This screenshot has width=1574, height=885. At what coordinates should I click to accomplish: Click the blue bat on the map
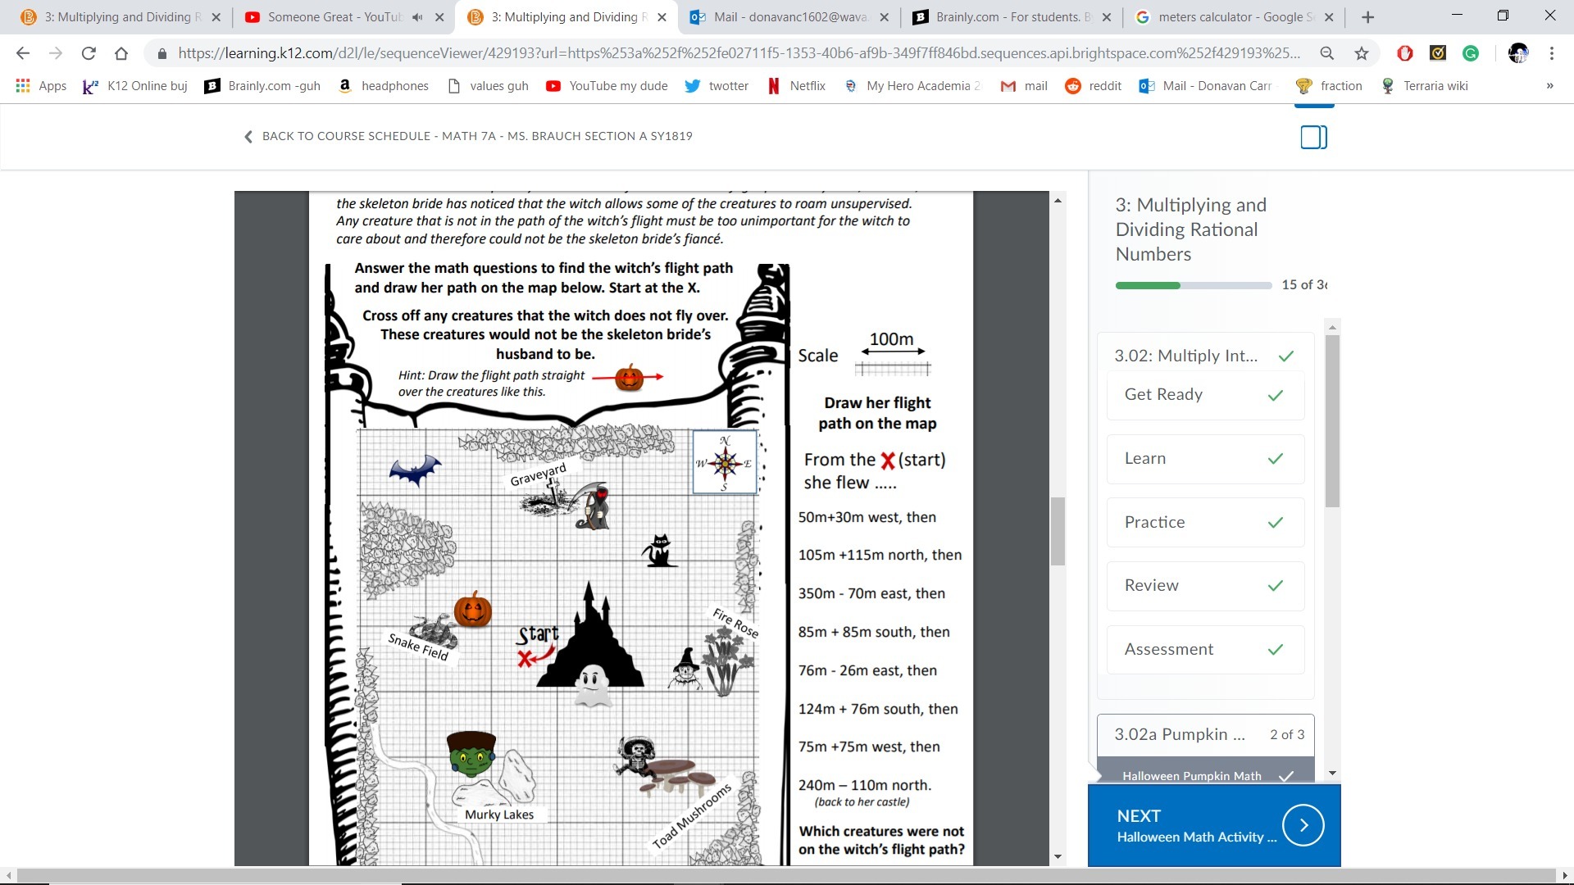pos(415,470)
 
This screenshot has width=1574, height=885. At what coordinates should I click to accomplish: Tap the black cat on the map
pos(658,551)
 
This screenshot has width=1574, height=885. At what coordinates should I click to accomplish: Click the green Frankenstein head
pos(471,754)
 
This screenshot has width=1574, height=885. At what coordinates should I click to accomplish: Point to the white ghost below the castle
pos(592,685)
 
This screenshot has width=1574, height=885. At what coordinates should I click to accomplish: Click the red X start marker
pos(525,658)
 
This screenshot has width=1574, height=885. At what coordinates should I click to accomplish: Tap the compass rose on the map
pos(725,463)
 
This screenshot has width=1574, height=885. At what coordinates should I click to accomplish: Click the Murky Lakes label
pos(499,815)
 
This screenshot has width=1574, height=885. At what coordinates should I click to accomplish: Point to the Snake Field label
pos(418,647)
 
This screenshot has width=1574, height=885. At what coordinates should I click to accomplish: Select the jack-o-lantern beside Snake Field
pos(473,610)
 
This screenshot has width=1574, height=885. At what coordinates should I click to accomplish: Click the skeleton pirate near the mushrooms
pos(636,755)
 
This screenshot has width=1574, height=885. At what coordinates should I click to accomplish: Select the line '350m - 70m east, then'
pos(871,593)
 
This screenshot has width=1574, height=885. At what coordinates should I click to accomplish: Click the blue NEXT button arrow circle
pos(1303,825)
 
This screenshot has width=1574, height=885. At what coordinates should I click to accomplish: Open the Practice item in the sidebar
pos(1205,522)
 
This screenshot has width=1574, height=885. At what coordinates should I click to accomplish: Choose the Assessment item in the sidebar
pos(1205,649)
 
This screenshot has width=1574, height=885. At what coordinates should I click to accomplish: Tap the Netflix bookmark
pos(796,86)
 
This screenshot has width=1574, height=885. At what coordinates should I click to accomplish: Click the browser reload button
pos(89,53)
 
